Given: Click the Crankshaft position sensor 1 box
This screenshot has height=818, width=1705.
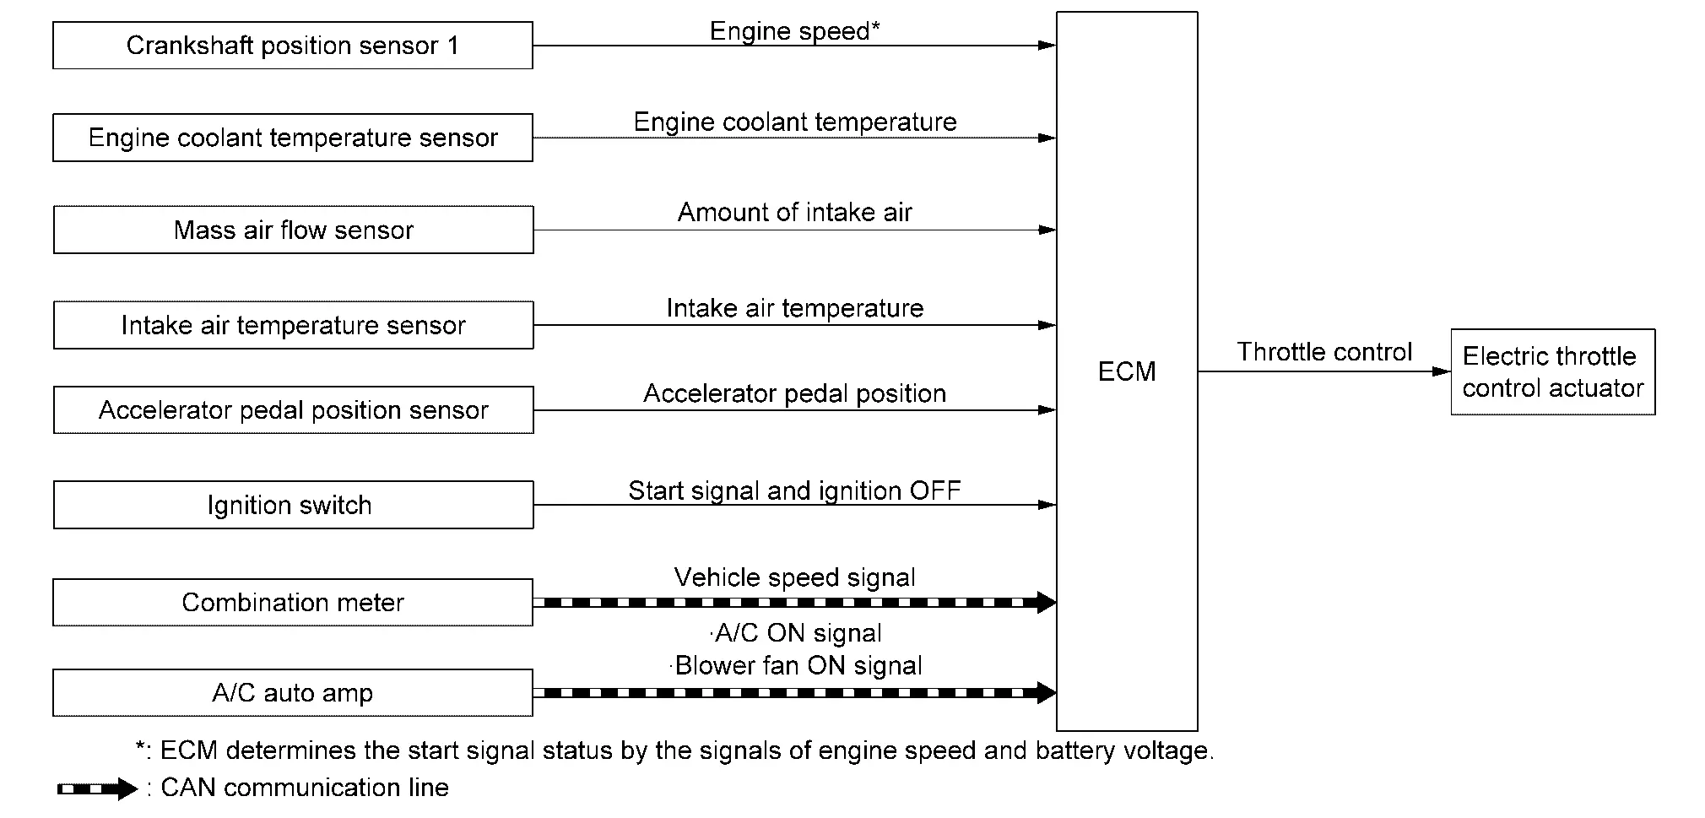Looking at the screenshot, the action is (x=293, y=46).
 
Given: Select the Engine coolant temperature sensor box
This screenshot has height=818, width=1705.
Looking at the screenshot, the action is (x=293, y=138).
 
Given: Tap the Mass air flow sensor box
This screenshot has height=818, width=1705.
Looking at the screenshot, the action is (x=294, y=230).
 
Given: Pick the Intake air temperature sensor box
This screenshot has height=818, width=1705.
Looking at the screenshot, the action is (x=294, y=325).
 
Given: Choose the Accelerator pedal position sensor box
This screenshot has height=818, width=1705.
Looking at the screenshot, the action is (x=294, y=410).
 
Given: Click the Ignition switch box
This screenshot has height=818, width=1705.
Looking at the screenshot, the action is (x=294, y=505).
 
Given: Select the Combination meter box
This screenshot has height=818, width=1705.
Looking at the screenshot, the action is (x=293, y=602).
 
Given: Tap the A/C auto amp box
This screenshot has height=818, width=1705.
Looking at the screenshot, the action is (x=293, y=693).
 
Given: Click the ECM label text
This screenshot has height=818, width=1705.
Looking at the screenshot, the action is (x=1127, y=371).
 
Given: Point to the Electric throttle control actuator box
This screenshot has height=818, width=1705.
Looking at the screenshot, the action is (x=1553, y=372).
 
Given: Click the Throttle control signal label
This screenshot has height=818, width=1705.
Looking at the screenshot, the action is (x=1324, y=352).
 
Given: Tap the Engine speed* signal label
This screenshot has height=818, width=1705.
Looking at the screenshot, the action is (x=795, y=31).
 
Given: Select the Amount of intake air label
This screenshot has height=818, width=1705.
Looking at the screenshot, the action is (x=795, y=212).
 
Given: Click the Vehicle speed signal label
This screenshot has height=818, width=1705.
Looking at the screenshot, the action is (x=795, y=577).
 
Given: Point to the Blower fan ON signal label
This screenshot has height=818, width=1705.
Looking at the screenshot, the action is (x=797, y=665).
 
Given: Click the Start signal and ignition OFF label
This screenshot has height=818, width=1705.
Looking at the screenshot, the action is (x=795, y=490).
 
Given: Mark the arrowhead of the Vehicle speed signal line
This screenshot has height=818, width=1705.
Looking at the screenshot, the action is (x=1046, y=602).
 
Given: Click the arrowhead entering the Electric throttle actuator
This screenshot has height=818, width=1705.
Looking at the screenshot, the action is (x=1442, y=371).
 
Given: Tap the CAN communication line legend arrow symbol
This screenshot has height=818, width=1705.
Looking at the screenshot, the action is (x=97, y=789).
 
